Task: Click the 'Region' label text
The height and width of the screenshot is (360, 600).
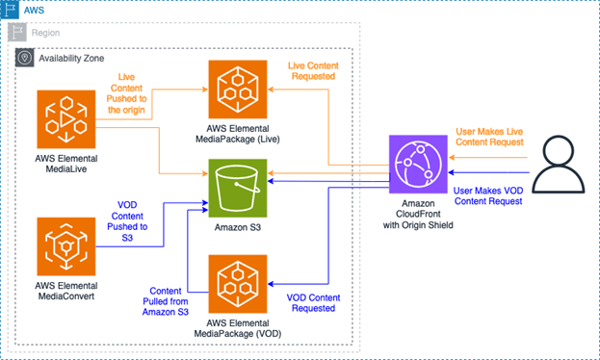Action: point(54,32)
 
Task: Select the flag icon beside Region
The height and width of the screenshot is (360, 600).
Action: point(22,32)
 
